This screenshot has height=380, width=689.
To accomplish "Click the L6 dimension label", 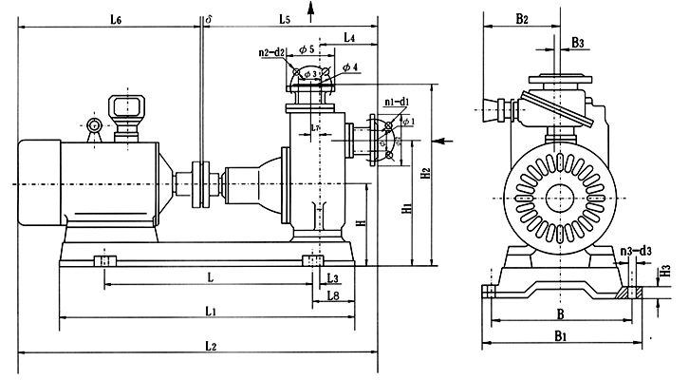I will pos(115,20).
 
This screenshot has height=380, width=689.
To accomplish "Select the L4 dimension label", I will pos(349,38).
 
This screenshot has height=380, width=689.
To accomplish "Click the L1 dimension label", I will pos(211,311).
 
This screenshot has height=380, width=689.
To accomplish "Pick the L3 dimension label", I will pos(332,277).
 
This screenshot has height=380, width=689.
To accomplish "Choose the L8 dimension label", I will pos(333,296).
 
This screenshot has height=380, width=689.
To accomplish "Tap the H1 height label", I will pos(406,206).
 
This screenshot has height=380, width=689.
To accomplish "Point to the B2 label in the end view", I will pos(522,20).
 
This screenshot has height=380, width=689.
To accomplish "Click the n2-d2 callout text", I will pos(271,53).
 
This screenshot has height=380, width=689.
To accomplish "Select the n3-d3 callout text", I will pos(636,252).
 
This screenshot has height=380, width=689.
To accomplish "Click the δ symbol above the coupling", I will pos(208,18).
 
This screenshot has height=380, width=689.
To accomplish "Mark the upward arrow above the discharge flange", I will pos(313,9).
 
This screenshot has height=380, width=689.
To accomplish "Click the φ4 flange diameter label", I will pos(349,66).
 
